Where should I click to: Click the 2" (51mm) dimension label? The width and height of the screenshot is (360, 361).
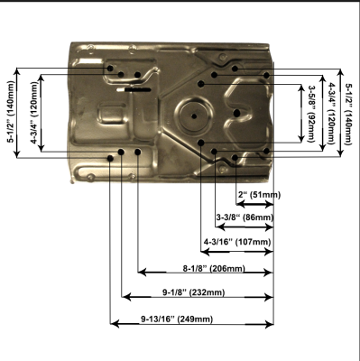pyautogui.click(x=259, y=195)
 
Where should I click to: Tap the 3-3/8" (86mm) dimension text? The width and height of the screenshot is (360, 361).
pyautogui.click(x=245, y=218)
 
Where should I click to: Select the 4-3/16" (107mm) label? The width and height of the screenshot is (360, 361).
pyautogui.click(x=237, y=242)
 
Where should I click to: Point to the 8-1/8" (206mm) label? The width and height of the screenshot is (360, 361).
pyautogui.click(x=214, y=268)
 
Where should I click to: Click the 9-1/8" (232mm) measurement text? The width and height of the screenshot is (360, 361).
pyautogui.click(x=194, y=292)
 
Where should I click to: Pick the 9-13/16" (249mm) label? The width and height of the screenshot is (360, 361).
pyautogui.click(x=177, y=319)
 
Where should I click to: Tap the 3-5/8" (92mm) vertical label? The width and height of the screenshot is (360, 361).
pyautogui.click(x=310, y=114)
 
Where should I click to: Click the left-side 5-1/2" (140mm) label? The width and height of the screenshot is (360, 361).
pyautogui.click(x=12, y=112)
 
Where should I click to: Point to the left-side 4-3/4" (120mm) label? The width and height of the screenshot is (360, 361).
pyautogui.click(x=34, y=113)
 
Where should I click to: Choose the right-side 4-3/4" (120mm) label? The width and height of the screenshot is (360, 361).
pyautogui.click(x=330, y=114)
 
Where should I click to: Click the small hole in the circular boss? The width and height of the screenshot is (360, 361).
pyautogui.click(x=194, y=116)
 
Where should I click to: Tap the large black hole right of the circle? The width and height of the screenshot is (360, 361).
pyautogui.click(x=236, y=113)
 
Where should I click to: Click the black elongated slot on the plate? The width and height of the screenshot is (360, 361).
pyautogui.click(x=138, y=89)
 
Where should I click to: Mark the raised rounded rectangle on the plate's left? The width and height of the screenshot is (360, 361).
pyautogui.click(x=111, y=114)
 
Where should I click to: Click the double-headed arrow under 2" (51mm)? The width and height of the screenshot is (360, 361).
pyautogui.click(x=254, y=205)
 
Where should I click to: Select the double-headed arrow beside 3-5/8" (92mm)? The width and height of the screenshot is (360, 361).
pyautogui.click(x=301, y=113)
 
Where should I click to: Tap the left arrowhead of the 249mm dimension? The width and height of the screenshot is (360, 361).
pyautogui.click(x=115, y=324)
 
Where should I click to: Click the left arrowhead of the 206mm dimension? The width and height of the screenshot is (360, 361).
pyautogui.click(x=142, y=273)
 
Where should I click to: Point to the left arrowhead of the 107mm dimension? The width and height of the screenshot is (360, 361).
pyautogui.click(x=205, y=252)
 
